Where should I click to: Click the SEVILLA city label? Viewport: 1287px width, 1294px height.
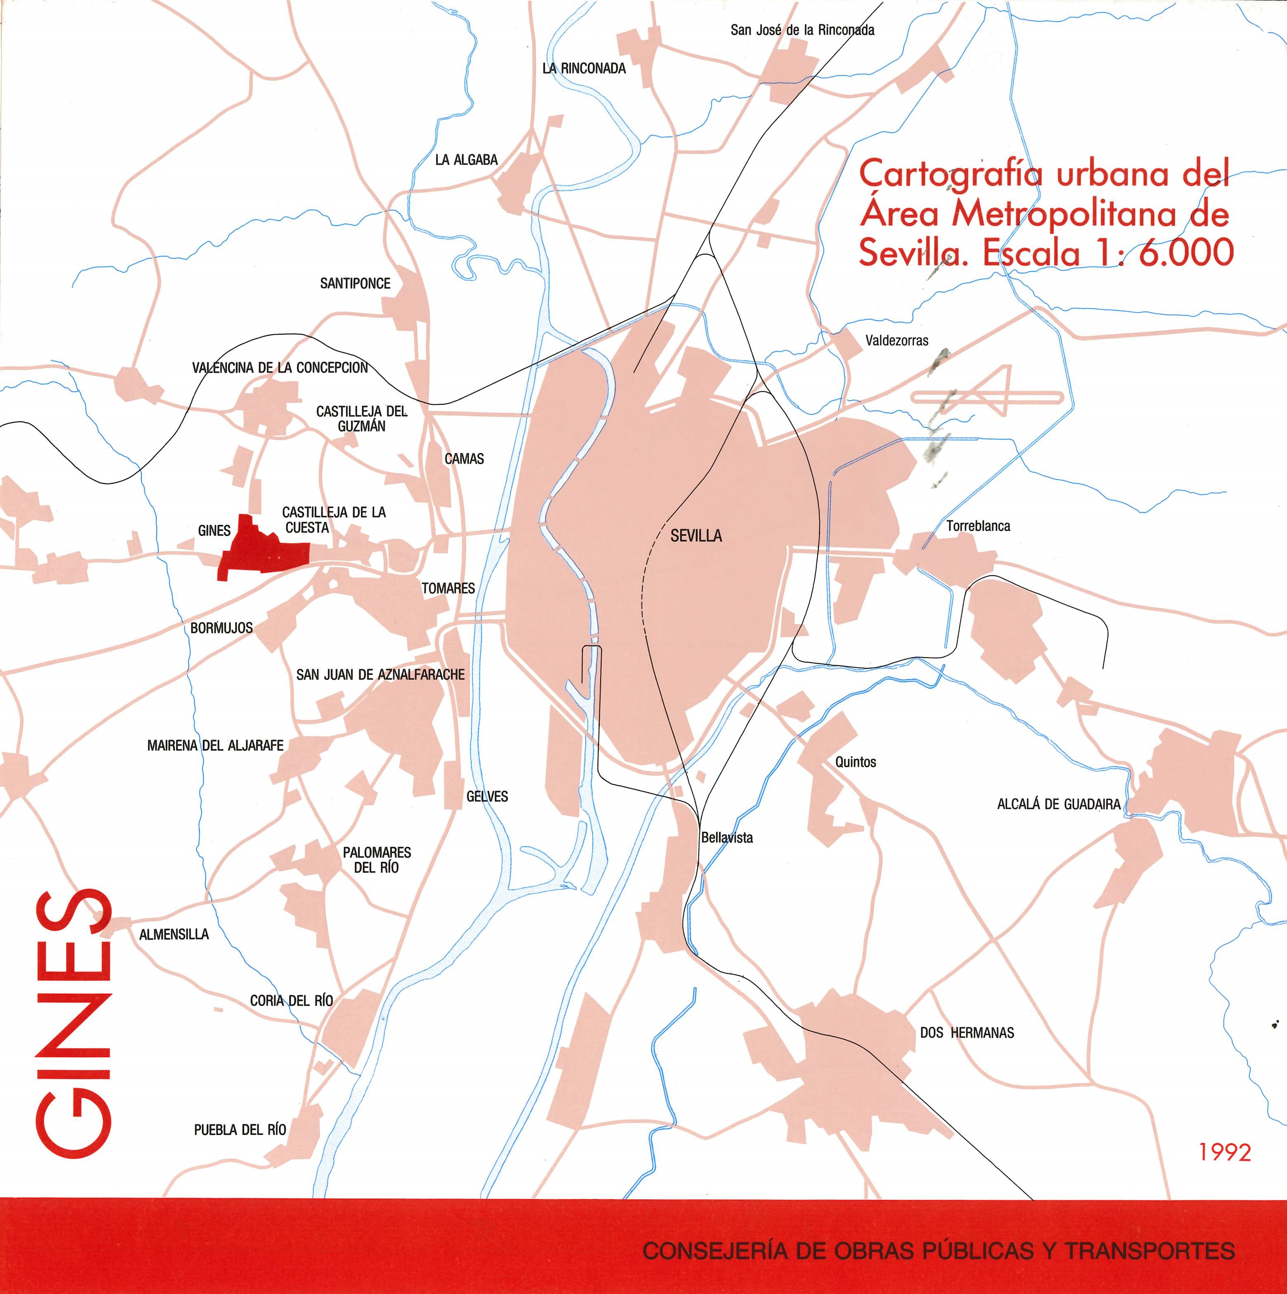coord(696,536)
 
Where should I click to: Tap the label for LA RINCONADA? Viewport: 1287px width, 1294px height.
coord(584,68)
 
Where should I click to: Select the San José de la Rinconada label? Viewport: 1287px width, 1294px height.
coord(802,30)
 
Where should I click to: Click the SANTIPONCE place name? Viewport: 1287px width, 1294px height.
coord(355,283)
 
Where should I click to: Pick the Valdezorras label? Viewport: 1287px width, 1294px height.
coord(897,340)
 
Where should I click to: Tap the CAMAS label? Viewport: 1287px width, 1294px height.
coord(464,459)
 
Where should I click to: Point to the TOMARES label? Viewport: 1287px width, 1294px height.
coord(448,588)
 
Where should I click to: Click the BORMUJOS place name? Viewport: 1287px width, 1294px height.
coord(222,628)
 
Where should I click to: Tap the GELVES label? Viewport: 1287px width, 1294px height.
coord(488,796)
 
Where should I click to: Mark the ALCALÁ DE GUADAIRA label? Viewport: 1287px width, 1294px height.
coord(1058,804)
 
